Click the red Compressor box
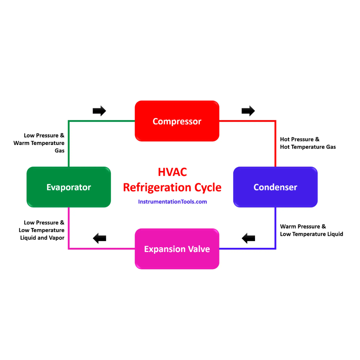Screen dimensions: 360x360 click(x=177, y=121)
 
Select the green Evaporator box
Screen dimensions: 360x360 click(x=69, y=187)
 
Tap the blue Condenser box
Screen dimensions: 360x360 click(x=275, y=187)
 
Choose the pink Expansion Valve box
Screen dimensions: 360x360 click(x=177, y=249)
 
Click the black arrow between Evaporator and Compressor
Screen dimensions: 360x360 click(x=99, y=111)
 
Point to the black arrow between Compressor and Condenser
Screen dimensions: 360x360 click(x=248, y=111)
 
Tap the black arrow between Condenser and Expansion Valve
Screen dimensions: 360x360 click(x=248, y=238)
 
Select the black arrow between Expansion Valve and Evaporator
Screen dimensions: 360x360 click(x=99, y=238)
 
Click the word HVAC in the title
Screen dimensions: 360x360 click(x=172, y=172)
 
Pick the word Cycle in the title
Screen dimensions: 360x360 click(x=207, y=187)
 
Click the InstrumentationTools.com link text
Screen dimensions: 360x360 click(x=172, y=202)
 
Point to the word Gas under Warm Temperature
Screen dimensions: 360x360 click(x=59, y=151)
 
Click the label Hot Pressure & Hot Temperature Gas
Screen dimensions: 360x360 click(x=307, y=143)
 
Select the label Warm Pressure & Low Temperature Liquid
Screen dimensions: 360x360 click(x=311, y=230)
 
